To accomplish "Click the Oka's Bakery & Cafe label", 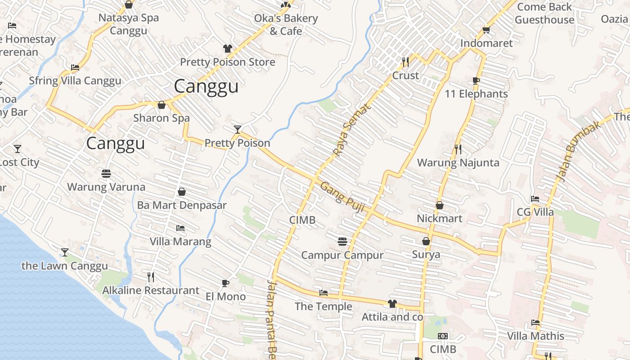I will (x=286, y=25).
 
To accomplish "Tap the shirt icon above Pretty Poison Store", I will (x=227, y=49).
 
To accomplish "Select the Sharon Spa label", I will (x=161, y=118).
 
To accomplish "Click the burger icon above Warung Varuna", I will (x=106, y=174).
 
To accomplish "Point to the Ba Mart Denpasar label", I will (x=181, y=205).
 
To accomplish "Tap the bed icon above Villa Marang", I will (x=180, y=228).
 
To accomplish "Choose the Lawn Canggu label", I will (x=65, y=266).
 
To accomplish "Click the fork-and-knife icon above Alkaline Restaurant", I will (x=151, y=277).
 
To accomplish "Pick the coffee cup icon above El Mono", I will (x=225, y=283).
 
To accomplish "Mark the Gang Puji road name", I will (x=342, y=197).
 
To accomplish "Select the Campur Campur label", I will (x=342, y=255).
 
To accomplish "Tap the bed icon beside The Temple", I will (x=323, y=293).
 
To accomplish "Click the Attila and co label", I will (x=392, y=317).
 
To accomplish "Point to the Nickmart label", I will (x=439, y=219).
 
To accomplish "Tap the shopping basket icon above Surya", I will (x=426, y=242).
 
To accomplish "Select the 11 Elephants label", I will (x=476, y=94).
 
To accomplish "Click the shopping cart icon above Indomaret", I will (x=486, y=30).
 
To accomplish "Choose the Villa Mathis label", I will (x=535, y=336).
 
